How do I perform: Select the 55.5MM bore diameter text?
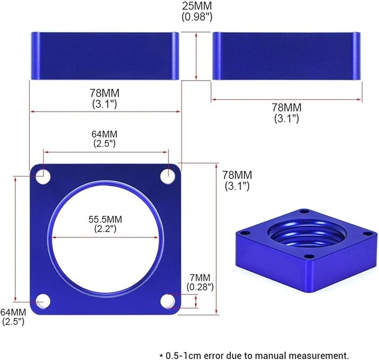point(105,219)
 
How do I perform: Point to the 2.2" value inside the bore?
point(105,229)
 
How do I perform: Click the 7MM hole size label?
point(201,278)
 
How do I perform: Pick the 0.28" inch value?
point(201,287)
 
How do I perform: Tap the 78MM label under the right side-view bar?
point(287,108)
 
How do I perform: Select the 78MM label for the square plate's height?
point(237,176)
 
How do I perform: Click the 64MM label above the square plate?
point(105,134)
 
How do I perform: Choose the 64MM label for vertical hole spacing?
point(13,312)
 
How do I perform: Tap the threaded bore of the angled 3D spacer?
point(299,235)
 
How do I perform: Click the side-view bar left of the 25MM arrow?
point(105,56)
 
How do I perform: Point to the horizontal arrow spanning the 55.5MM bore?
point(105,237)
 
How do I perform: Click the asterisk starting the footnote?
point(161,354)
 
